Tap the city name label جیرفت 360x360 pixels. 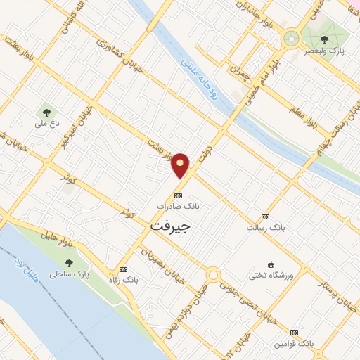(x=171, y=227)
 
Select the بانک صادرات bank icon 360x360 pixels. (x=178, y=195)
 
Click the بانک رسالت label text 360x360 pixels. (x=264, y=227)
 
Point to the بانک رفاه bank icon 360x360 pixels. (x=124, y=269)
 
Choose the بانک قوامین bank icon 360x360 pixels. (x=294, y=332)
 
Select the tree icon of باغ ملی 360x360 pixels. (x=46, y=112)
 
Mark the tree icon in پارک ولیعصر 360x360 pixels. (x=324, y=39)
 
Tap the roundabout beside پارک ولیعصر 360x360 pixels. (x=290, y=38)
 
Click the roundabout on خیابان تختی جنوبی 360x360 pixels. (x=213, y=275)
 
